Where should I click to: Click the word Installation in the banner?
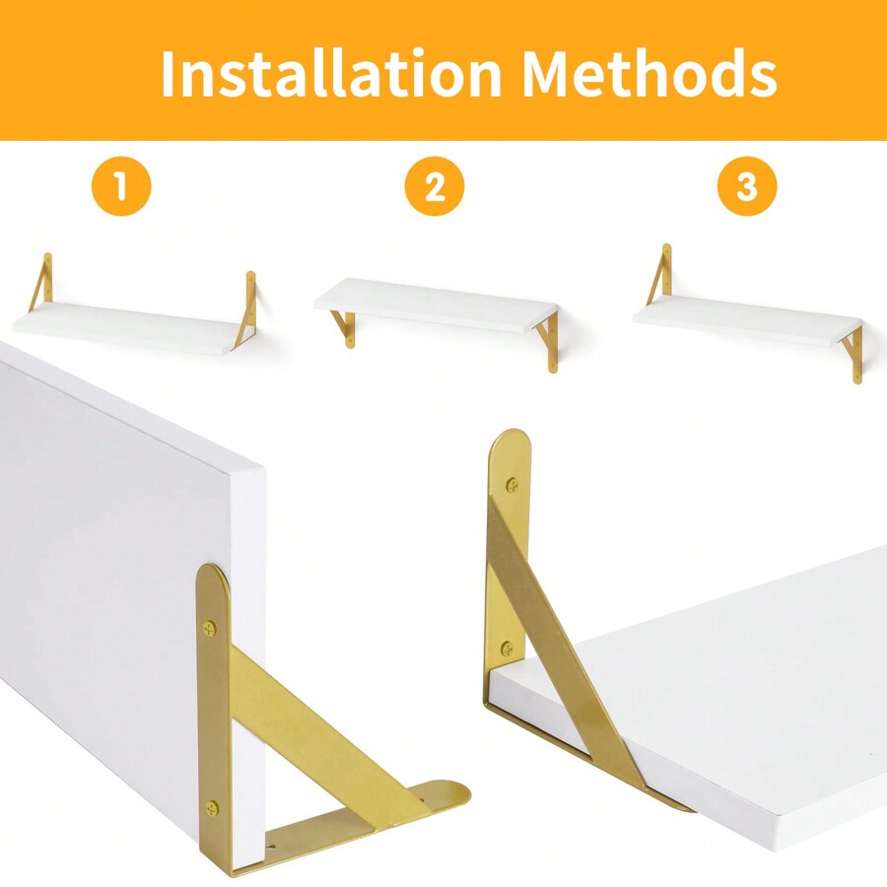point(331,74)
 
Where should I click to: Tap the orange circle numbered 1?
point(121,186)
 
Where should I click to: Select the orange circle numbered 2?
point(435,186)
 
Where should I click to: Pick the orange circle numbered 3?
point(747,186)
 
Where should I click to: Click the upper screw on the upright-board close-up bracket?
point(210,628)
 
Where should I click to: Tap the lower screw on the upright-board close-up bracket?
point(212,808)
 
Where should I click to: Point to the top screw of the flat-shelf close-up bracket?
point(512,485)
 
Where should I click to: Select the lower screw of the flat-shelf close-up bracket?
point(508,648)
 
